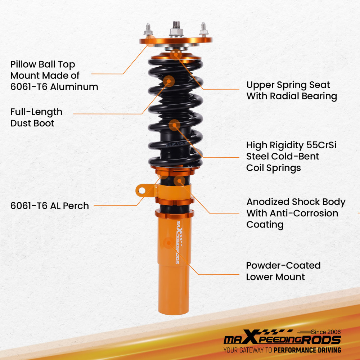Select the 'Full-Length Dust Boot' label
[x=36, y=117]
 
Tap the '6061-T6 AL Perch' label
[x=49, y=206]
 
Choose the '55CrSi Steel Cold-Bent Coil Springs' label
[x=291, y=156]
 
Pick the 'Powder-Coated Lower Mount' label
[x=283, y=271]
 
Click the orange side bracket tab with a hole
[x=143, y=190]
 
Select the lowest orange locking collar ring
[x=174, y=213]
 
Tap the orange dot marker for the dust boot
[x=169, y=81]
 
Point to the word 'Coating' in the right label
[x=265, y=225]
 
